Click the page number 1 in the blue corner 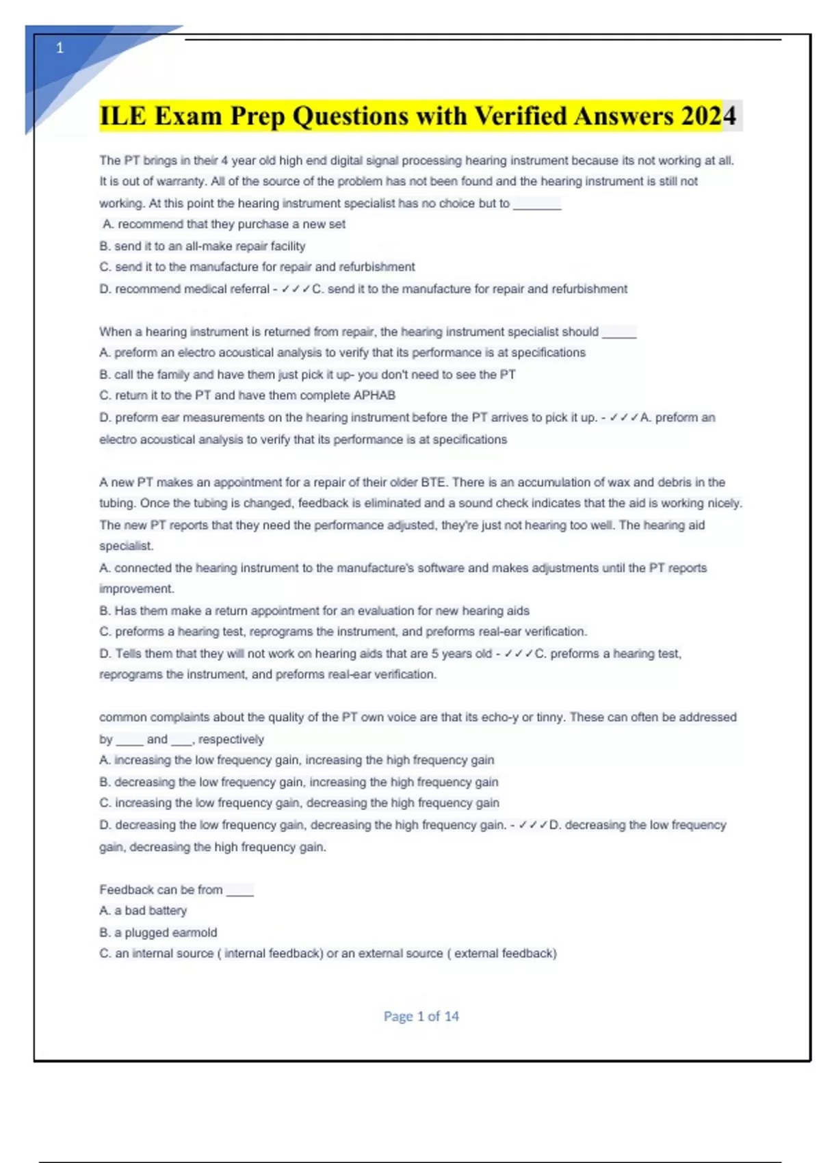coord(60,48)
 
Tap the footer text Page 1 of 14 coord(421,1016)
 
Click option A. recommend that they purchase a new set coord(224,224)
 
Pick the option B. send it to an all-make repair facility coord(203,246)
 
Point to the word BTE coord(433,482)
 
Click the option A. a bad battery coord(143,911)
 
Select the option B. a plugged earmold coord(158,932)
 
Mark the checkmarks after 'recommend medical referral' coord(295,289)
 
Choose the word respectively coord(231,740)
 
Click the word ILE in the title coord(123,116)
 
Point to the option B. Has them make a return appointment coord(314,611)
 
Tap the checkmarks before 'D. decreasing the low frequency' coord(533,825)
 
